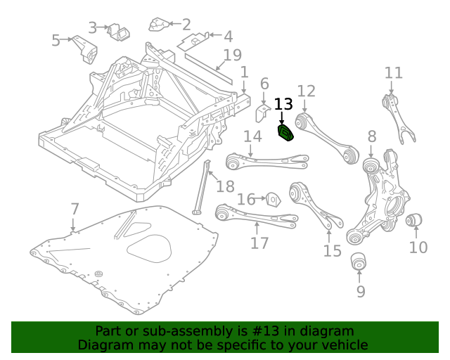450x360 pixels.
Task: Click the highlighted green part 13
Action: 287,133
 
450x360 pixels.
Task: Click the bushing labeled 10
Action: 415,221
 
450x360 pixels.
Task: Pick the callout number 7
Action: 75,209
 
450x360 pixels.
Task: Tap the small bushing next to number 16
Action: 274,199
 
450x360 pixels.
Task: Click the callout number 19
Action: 232,55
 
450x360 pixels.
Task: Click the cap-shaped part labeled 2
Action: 158,27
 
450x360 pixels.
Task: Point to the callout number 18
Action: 225,186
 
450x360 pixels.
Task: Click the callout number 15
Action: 332,250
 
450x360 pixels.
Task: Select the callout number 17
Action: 259,243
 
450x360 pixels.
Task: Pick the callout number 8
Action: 372,136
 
